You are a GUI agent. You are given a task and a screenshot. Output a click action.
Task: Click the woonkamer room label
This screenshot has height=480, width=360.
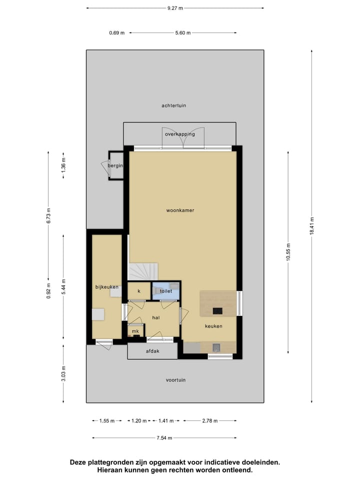coord(180,210)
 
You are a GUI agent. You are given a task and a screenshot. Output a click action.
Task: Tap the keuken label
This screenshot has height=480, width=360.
coord(213,326)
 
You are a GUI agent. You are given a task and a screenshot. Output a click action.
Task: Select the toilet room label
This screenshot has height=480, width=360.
coord(166,290)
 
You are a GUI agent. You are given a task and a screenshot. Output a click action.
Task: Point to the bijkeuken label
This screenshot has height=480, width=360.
coord(107,286)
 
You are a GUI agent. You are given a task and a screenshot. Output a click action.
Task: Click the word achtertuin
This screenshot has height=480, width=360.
coord(174,105)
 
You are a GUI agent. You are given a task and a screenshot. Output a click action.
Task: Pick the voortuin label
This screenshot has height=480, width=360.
coord(175,380)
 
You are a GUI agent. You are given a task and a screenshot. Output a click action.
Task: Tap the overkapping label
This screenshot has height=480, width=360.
coord(180,134)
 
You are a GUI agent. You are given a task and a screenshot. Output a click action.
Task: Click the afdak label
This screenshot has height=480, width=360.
coord(152,351)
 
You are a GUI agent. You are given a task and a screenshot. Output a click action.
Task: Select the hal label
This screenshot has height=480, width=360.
coord(156,317)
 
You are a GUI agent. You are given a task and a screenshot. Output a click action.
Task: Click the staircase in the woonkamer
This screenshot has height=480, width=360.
coord(143,272)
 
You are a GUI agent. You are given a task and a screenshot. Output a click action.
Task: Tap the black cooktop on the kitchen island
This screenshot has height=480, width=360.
coord(217,310)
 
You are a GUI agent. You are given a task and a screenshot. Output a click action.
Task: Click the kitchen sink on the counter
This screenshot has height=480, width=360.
coord(216,347)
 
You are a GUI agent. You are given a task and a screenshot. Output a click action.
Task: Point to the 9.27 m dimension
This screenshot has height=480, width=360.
coord(175,8)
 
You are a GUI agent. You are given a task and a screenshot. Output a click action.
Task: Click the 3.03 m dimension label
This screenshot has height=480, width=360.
coord(63,373)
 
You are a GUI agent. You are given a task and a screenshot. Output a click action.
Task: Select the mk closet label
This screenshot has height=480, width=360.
coord(135,331)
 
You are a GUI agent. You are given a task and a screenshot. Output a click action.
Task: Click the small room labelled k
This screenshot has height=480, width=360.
coord(139,290)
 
